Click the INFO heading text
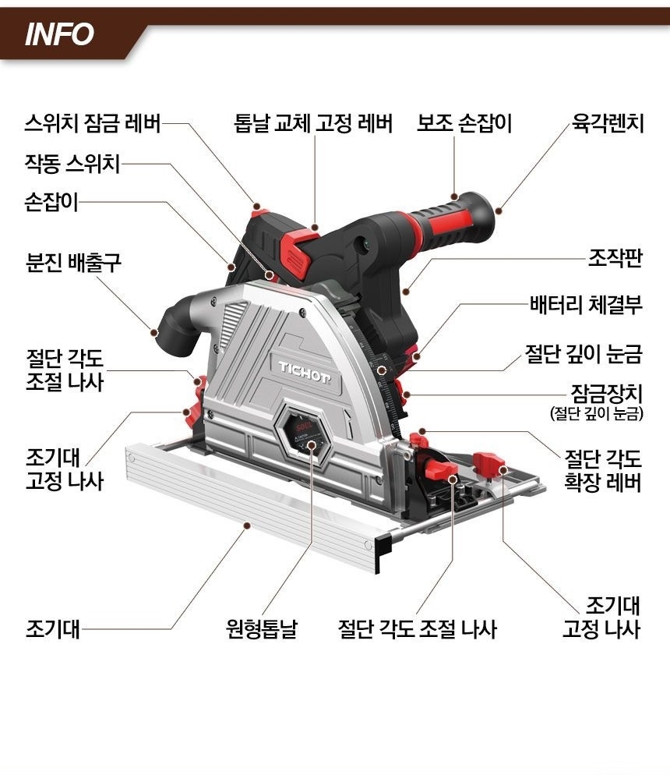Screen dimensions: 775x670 tap(59, 34)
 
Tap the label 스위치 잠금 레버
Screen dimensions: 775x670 tap(92, 123)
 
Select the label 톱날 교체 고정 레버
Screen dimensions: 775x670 tap(312, 123)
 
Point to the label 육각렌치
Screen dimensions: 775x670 tap(607, 123)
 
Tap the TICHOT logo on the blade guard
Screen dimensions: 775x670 tap(305, 366)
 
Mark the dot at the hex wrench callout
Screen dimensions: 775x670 tap(499, 209)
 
